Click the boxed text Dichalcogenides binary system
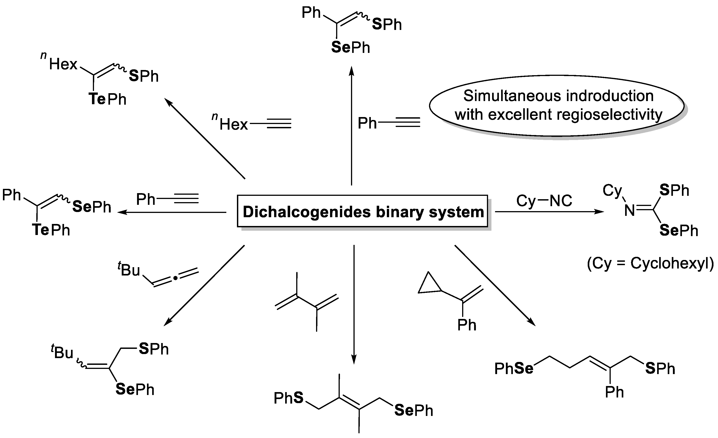coord(363,212)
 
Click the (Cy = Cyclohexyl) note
coord(650,264)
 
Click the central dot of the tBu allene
coord(175,278)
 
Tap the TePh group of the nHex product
coord(108,99)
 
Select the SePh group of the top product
coord(351,47)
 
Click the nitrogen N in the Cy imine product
coord(629,210)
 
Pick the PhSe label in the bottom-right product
coord(514,368)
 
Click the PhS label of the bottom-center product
coord(289,398)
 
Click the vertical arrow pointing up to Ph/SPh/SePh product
coord(351,125)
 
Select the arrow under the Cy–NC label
coord(549,212)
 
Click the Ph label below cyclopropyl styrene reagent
coord(466,325)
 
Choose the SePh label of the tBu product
coord(135,389)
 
